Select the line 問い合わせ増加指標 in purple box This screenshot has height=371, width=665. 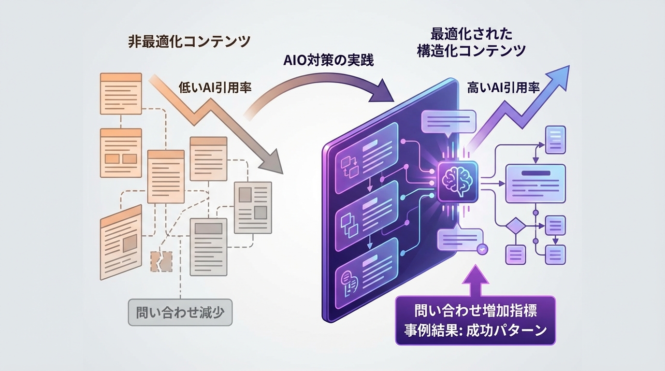pos(476,310)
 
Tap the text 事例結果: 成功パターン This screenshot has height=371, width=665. pos(476,330)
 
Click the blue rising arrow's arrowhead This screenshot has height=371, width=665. pos(561,76)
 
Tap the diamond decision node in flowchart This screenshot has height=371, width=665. pos(516,226)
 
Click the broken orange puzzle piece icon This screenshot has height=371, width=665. pos(161,261)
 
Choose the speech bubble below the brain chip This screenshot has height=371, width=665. pos(460,239)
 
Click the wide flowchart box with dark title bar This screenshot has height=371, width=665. pos(535,183)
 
